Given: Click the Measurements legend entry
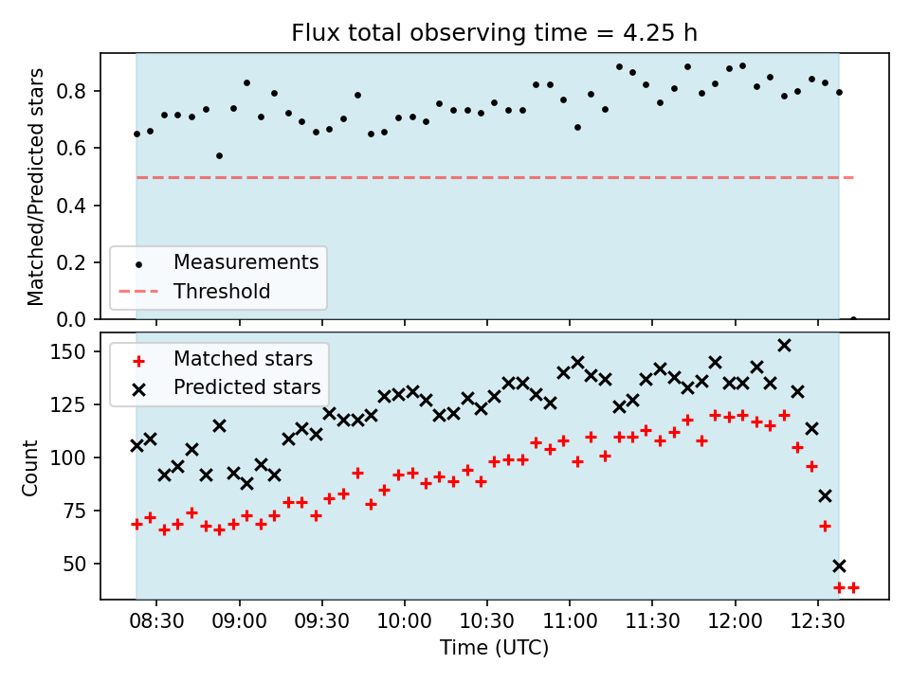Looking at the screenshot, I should (x=246, y=261).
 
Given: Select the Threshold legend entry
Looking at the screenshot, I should (x=222, y=291).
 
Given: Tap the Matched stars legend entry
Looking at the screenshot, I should (x=243, y=359).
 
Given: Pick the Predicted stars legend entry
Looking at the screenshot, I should (x=246, y=387).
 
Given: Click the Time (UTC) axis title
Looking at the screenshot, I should (x=494, y=649).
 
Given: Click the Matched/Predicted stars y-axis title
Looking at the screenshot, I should (x=37, y=187).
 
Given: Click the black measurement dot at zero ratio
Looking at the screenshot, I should (x=853, y=319).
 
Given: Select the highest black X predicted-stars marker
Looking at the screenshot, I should (x=784, y=345).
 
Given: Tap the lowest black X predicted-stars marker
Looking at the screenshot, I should (x=839, y=565).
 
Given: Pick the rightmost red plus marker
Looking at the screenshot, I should (x=853, y=587).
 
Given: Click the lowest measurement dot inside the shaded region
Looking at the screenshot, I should (x=219, y=155).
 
